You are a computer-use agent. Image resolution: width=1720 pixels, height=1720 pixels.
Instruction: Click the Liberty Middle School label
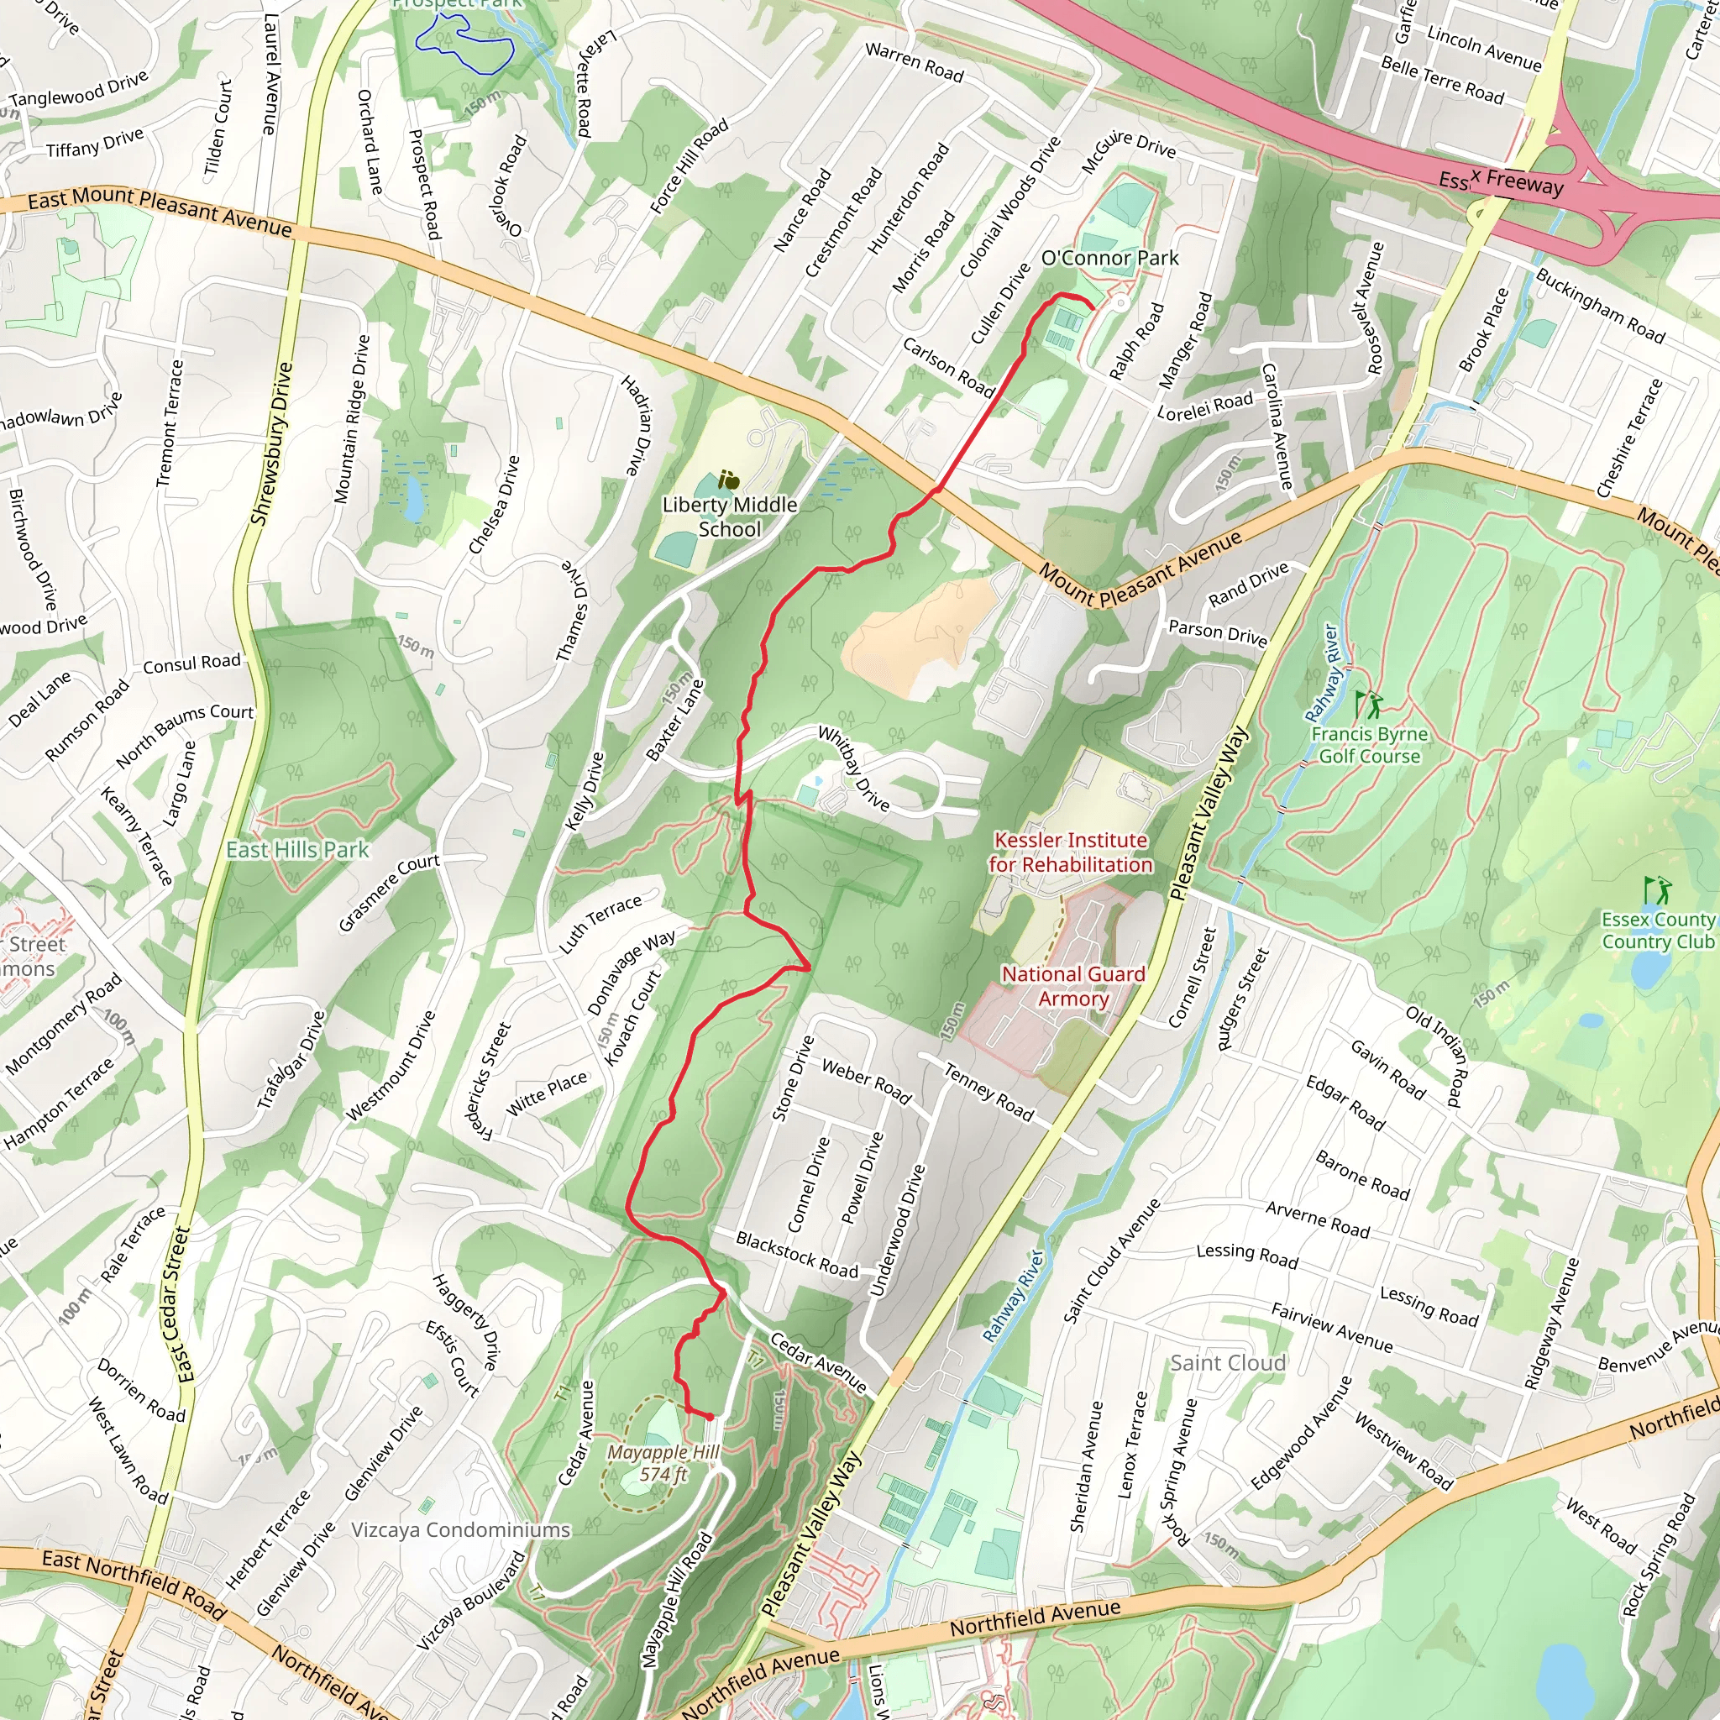[729, 517]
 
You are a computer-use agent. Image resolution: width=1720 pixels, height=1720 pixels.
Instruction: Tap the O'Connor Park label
[1109, 258]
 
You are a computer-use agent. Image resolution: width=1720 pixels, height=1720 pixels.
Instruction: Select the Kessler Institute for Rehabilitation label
[1070, 852]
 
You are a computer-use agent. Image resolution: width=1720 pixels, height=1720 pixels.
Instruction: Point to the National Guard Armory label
[1072, 985]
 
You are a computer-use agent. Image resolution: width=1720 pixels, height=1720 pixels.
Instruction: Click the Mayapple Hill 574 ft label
[663, 1463]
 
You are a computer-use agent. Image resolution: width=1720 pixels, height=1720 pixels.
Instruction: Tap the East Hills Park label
[297, 849]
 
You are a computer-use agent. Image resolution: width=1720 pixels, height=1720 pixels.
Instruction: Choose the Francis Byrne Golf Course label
[1369, 745]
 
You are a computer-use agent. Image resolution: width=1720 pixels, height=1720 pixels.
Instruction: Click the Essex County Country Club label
[1657, 930]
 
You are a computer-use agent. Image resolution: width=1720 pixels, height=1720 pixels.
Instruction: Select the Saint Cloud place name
[1227, 1362]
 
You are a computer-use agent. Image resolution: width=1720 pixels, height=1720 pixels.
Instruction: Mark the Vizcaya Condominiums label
[460, 1529]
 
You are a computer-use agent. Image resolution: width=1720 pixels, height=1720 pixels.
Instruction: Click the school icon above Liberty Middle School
[728, 480]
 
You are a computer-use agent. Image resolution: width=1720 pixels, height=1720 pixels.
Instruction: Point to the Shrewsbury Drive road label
[270, 443]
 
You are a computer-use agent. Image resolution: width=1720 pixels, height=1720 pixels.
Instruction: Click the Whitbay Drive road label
[853, 768]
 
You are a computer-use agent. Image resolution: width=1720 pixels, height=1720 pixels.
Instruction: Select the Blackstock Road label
[796, 1255]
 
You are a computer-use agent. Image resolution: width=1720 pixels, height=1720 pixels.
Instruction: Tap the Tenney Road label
[988, 1092]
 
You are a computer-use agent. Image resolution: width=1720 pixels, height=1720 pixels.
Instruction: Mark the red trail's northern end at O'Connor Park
[1093, 308]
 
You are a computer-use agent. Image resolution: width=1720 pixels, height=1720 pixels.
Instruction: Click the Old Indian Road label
[1434, 1055]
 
